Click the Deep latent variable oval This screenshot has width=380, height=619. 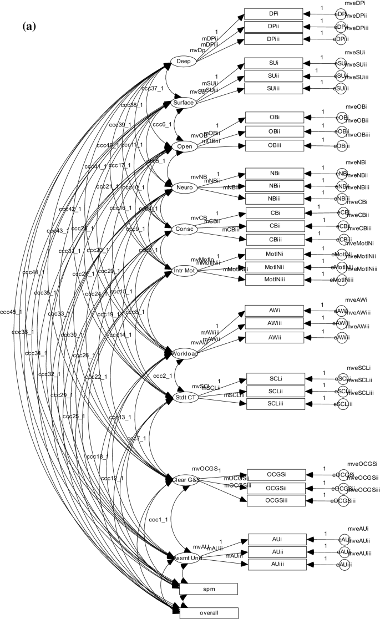pyautogui.click(x=183, y=61)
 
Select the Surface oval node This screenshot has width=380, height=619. pyautogui.click(x=184, y=103)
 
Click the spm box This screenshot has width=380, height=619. pyautogui.click(x=209, y=588)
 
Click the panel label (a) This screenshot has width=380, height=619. pyautogui.click(x=29, y=26)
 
